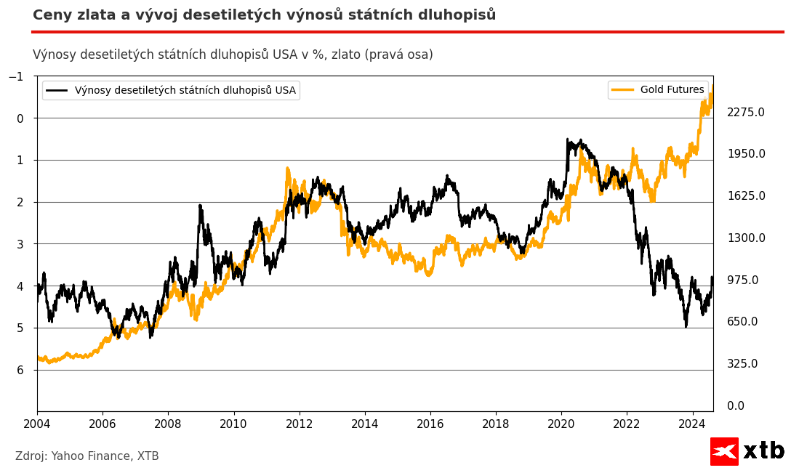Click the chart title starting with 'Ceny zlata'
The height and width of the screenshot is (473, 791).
click(x=264, y=15)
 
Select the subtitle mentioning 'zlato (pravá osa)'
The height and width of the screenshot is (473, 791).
click(x=233, y=54)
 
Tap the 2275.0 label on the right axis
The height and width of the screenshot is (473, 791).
click(x=746, y=112)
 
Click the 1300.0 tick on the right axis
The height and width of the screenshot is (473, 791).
click(x=746, y=238)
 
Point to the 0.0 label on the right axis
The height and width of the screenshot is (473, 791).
click(x=736, y=405)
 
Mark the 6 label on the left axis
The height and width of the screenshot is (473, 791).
click(x=20, y=370)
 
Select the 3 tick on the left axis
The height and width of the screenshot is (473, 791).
click(x=20, y=244)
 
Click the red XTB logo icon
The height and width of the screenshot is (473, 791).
click(x=724, y=451)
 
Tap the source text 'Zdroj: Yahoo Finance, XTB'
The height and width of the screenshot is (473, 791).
click(x=87, y=456)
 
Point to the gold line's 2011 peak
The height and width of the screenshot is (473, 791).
click(x=287, y=169)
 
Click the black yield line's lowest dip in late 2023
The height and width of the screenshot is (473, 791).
click(x=685, y=326)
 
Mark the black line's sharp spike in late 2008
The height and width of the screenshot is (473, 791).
click(x=200, y=206)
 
